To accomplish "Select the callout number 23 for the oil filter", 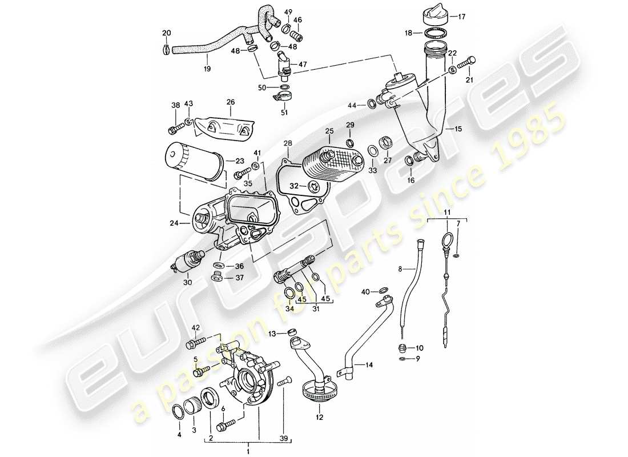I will click(x=232, y=162).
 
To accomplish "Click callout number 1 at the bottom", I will click(x=248, y=452).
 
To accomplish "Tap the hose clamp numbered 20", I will click(x=165, y=50).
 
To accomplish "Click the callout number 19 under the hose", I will click(x=207, y=69).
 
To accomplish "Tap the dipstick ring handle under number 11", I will click(x=450, y=239).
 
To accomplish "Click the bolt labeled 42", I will click(x=192, y=344).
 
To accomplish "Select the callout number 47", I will click(x=302, y=65).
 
